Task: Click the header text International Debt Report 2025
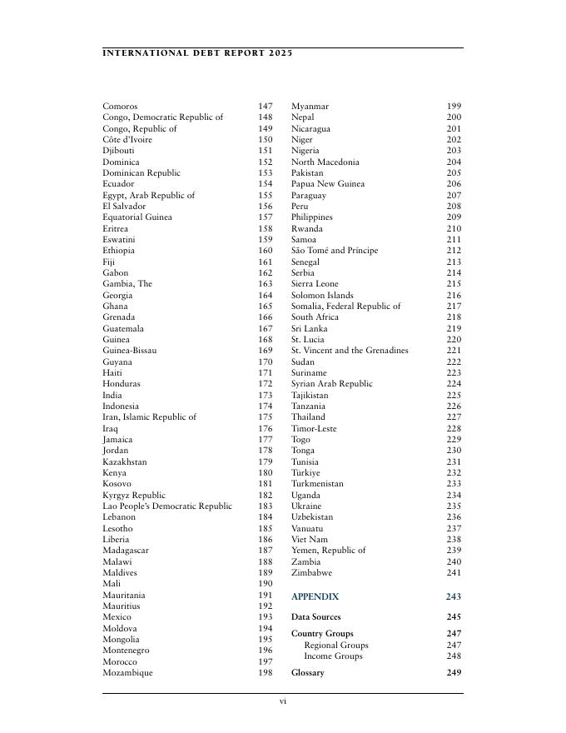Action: pos(197,53)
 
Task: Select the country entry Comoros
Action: pos(120,107)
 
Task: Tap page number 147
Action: pos(265,107)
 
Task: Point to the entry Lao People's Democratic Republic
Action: pos(167,506)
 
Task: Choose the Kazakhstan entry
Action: pos(125,461)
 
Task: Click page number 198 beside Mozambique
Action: pos(265,673)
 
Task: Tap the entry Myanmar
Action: pos(310,107)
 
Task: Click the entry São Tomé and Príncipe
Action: pos(335,251)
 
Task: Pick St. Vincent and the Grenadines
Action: pos(350,351)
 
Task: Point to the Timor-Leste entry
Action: pos(314,428)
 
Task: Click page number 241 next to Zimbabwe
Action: pos(454,573)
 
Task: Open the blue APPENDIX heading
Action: pos(315,597)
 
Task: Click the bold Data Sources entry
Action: pos(315,617)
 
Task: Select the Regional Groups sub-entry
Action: pos(335,646)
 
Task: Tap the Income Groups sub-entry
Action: pos(333,656)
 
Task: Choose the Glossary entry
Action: pos(307,673)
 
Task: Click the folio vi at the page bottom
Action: pos(283,702)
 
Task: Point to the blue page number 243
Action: pos(453,597)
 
